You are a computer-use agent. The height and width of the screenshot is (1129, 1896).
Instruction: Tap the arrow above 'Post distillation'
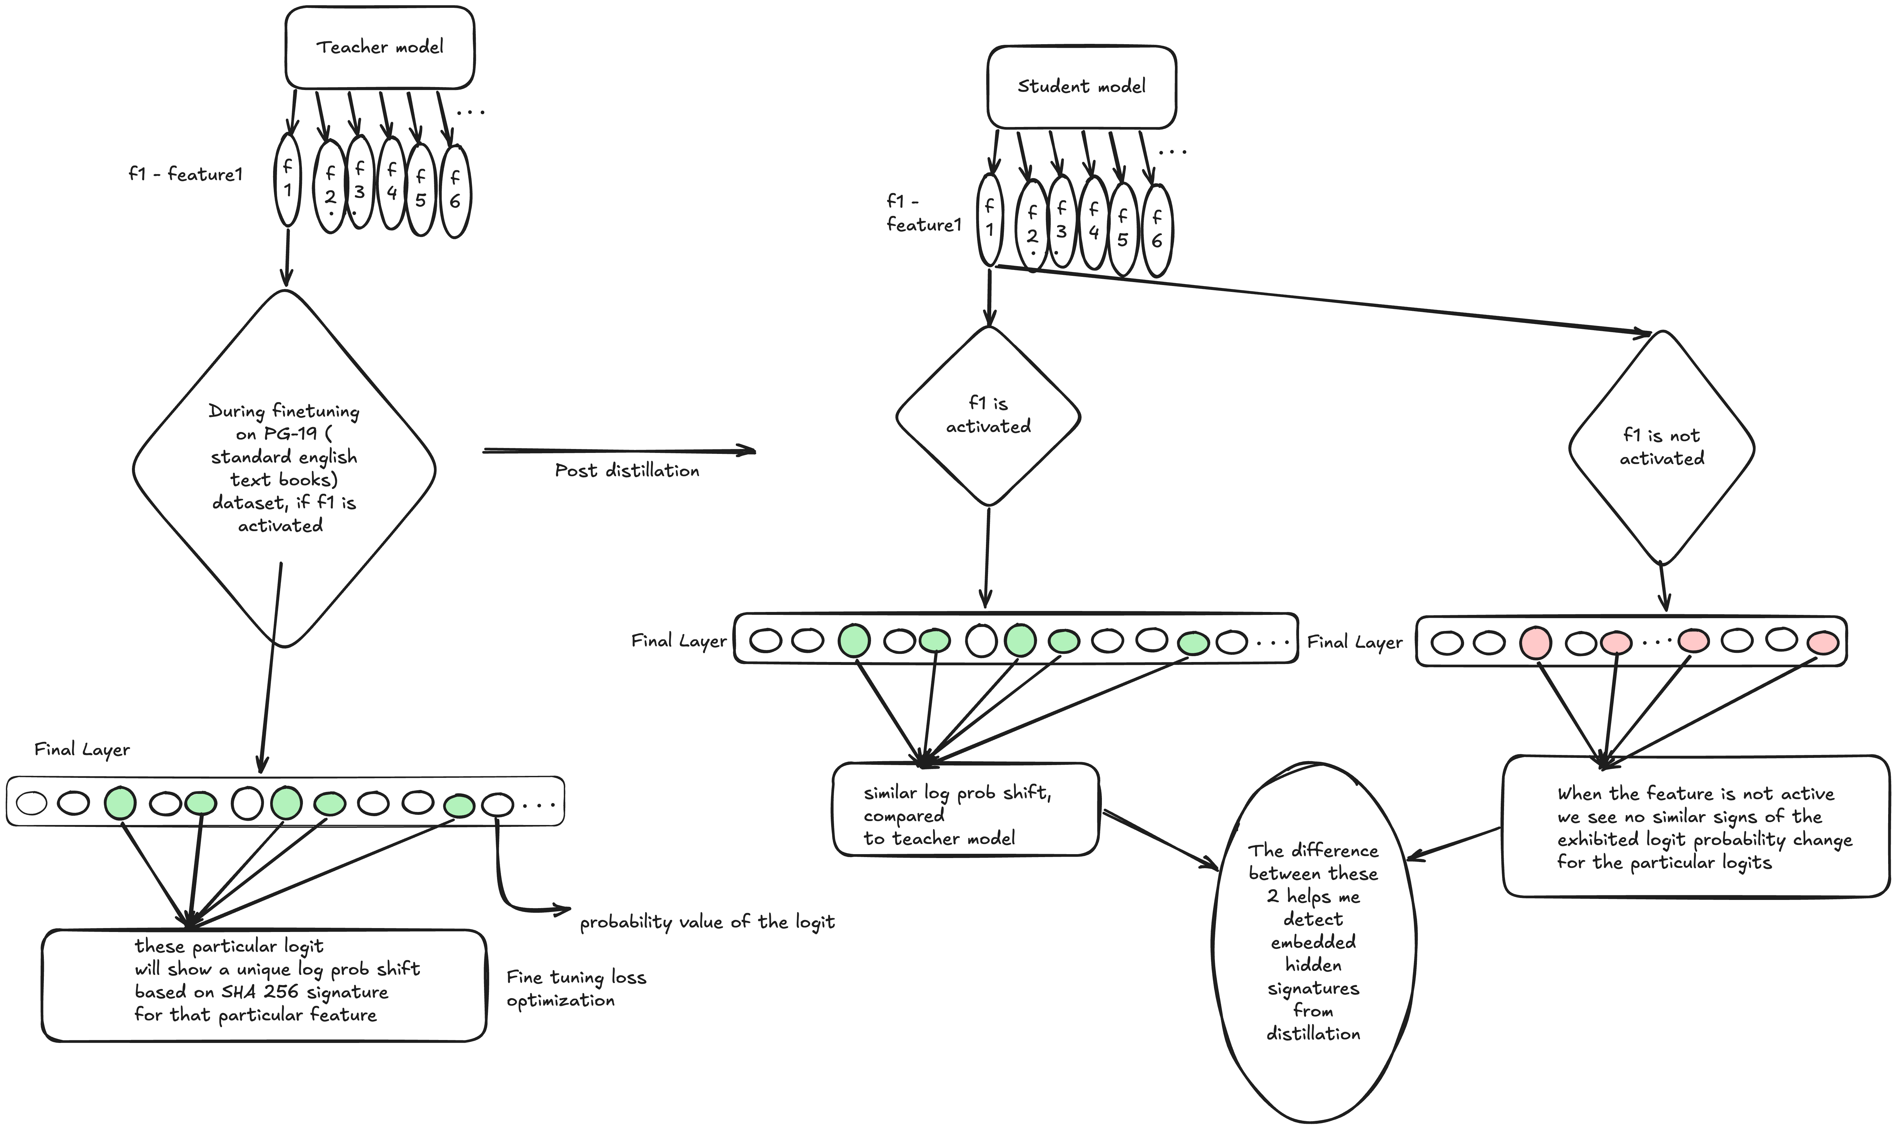(x=619, y=451)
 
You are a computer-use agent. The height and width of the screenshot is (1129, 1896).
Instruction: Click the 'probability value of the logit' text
(x=707, y=922)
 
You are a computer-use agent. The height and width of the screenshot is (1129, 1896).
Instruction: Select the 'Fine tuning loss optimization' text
(x=576, y=988)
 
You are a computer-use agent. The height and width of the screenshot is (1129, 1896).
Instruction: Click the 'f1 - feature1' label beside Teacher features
(x=186, y=174)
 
